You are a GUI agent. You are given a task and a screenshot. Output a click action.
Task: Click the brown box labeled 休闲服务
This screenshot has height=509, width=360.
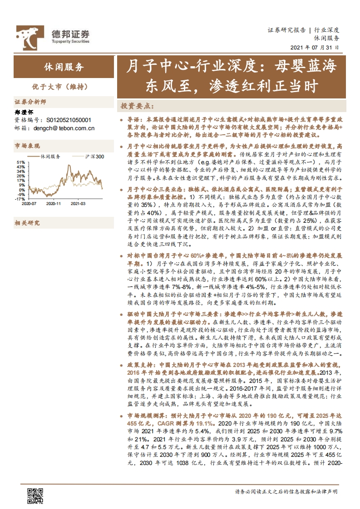(x=64, y=67)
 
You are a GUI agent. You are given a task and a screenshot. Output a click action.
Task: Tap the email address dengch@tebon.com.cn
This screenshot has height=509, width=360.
(x=64, y=128)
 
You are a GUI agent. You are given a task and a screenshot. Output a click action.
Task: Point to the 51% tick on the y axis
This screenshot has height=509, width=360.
(x=21, y=162)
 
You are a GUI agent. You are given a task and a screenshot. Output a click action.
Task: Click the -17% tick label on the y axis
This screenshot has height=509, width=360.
(x=20, y=199)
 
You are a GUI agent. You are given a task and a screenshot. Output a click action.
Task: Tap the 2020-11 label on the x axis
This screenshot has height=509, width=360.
(x=54, y=204)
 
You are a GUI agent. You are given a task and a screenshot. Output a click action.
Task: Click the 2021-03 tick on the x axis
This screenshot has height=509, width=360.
(x=78, y=204)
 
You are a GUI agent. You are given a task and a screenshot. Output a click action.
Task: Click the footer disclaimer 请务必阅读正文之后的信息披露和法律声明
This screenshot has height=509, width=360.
(x=286, y=492)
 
